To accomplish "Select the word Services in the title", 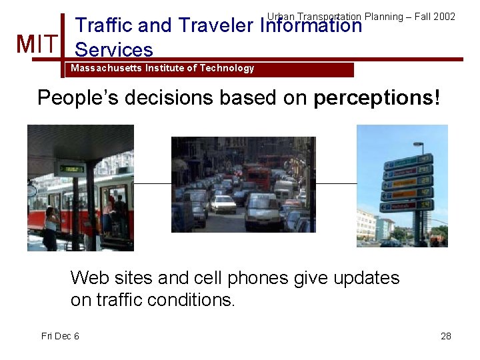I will (x=114, y=50).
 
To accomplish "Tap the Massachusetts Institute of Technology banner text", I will (x=162, y=68).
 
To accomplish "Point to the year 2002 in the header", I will (x=444, y=16).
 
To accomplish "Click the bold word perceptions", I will (x=373, y=98).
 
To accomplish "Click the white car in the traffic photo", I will (x=223, y=203).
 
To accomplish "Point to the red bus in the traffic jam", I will (x=259, y=177).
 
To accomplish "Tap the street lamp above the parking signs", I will (x=418, y=144).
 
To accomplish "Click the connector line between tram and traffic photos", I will (x=153, y=183).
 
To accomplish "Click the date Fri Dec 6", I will (x=60, y=336).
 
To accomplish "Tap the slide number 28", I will (x=446, y=336).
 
